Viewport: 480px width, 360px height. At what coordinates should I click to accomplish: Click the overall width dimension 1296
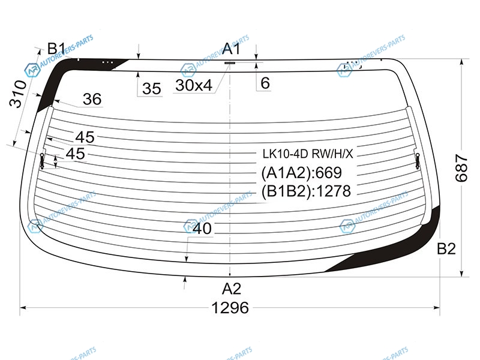pos(230,307)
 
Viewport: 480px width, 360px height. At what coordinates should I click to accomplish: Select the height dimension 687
pos(461,168)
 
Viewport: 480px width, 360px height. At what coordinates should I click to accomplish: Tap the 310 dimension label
pos(18,94)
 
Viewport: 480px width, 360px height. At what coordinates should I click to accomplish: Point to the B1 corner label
pos(56,49)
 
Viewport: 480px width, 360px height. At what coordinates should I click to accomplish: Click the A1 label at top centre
pos(232,49)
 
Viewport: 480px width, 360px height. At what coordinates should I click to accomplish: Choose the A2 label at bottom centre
pos(232,289)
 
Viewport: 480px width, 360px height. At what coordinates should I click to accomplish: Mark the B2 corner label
pos(446,248)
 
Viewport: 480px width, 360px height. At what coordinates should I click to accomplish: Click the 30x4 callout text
pos(194,85)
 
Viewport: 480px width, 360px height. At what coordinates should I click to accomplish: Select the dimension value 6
pos(265,83)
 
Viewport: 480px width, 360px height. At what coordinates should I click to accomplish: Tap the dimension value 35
pos(152,89)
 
